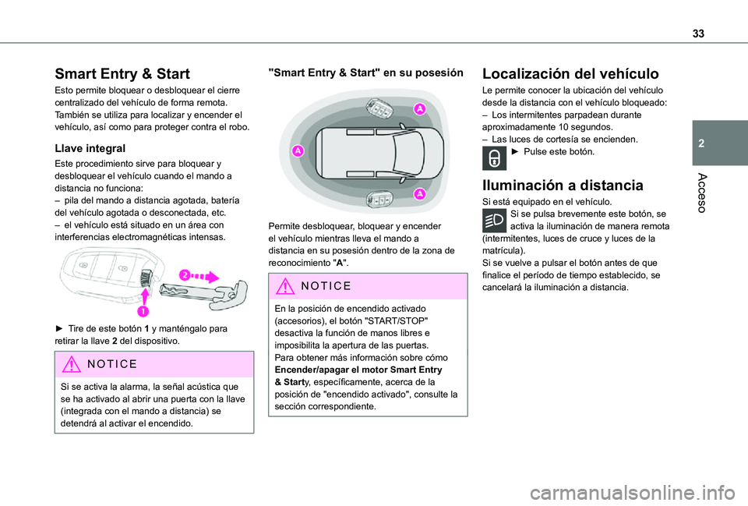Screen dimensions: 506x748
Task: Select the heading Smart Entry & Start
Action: tap(122, 74)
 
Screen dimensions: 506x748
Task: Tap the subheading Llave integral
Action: tap(90, 147)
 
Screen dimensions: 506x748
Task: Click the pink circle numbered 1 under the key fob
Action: tap(144, 311)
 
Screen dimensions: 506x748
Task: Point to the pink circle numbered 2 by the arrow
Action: tap(185, 274)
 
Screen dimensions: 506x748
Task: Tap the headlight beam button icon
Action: tap(495, 220)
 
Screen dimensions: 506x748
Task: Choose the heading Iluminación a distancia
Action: tap(563, 185)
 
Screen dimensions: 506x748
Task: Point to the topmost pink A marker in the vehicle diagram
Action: tap(419, 108)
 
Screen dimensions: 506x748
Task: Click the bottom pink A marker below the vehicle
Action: tap(419, 193)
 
